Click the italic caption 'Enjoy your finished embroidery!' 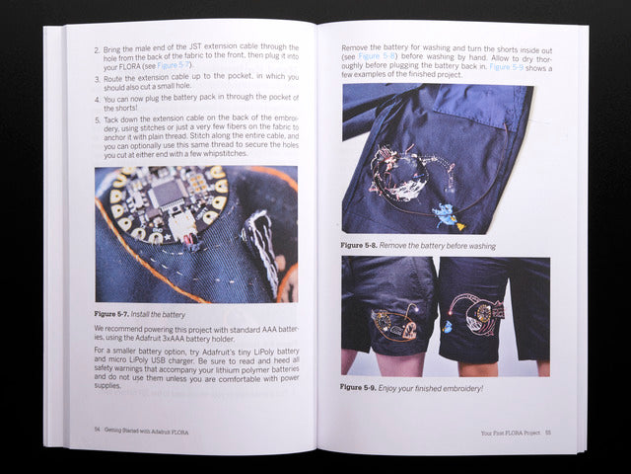click(435, 387)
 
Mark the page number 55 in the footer click(547, 432)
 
